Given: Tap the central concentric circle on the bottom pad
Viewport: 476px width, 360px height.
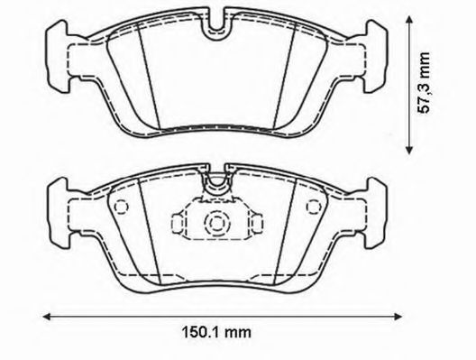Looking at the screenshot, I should [216, 224].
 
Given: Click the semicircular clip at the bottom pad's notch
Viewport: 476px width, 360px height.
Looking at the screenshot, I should [216, 187].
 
